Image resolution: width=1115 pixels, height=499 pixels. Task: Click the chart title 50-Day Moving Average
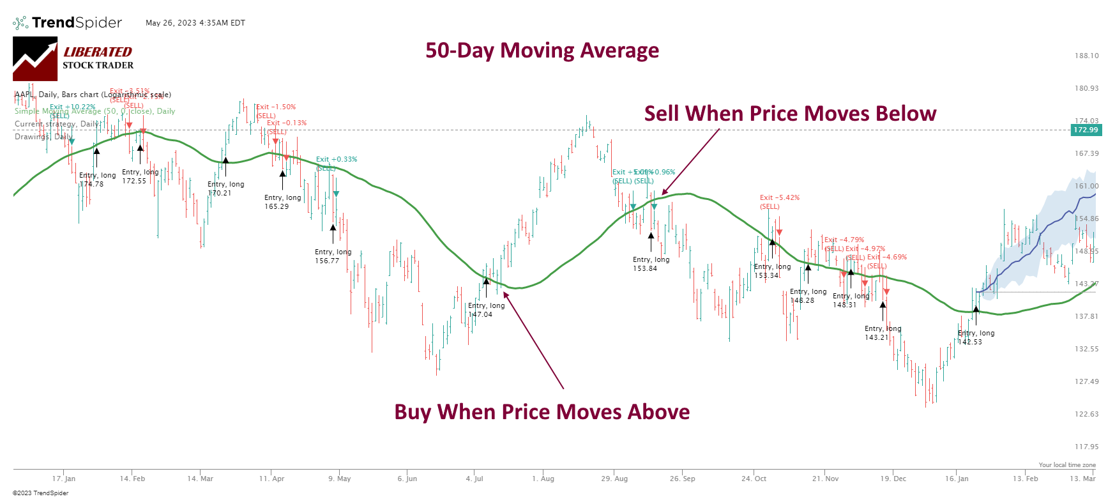[x=542, y=50]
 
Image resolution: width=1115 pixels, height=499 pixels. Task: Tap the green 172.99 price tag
[x=1086, y=130]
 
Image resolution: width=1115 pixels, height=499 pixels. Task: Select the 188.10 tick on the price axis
[x=1086, y=56]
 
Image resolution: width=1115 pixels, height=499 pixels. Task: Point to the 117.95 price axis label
[x=1086, y=447]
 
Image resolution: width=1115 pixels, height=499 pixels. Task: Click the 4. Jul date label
[x=474, y=479]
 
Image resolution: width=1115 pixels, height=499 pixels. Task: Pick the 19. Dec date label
[x=893, y=479]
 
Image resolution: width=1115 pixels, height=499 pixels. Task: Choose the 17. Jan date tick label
[x=64, y=479]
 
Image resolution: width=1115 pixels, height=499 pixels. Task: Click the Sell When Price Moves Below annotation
[x=790, y=114]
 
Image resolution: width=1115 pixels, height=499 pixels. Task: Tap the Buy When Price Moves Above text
[x=542, y=412]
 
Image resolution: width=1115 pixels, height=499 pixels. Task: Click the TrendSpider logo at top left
[x=67, y=23]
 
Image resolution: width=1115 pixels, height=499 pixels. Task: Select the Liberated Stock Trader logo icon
[x=35, y=59]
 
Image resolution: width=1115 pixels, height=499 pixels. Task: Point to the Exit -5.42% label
[x=779, y=198]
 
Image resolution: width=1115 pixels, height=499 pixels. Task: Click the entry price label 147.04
[x=480, y=314]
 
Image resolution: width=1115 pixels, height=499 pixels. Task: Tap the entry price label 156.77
[x=327, y=261]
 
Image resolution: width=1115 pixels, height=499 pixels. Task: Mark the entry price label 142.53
[x=969, y=342]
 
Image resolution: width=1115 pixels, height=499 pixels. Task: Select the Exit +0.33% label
[x=337, y=160]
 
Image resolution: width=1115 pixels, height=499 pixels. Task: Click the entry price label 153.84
[x=645, y=268]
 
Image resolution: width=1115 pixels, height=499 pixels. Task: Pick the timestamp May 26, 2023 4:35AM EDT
[x=195, y=23]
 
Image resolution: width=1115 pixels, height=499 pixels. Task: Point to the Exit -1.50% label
[x=276, y=107]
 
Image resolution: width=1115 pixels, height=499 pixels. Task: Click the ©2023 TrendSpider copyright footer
[x=40, y=493]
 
